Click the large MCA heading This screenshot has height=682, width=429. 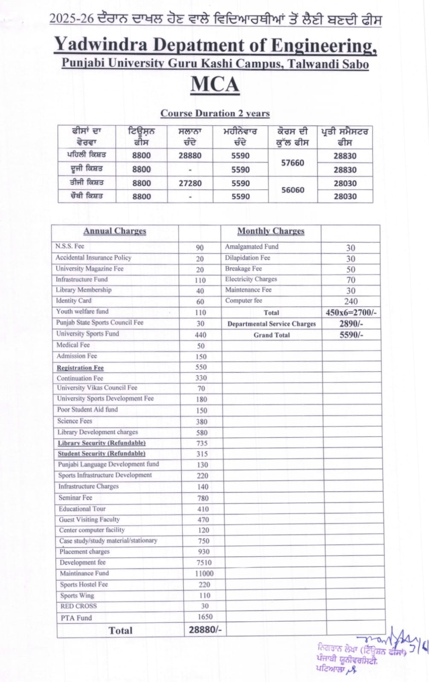click(x=214, y=84)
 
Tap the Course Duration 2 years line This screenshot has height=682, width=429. click(x=215, y=113)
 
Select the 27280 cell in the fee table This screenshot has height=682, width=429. click(x=190, y=183)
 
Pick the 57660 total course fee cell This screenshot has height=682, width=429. click(x=293, y=162)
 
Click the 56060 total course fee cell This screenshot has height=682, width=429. click(x=293, y=190)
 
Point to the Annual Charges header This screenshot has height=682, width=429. click(x=115, y=231)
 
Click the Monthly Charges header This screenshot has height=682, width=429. click(x=271, y=231)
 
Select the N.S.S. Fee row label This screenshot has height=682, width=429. click(x=70, y=246)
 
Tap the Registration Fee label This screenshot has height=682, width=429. click(x=80, y=367)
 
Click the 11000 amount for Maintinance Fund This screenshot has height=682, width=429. click(x=204, y=574)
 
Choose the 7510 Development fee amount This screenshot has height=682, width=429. click(x=204, y=563)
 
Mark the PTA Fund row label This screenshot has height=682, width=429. click(x=76, y=618)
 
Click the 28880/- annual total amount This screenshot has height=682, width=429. click(x=205, y=630)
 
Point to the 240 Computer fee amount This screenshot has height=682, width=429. click(x=351, y=301)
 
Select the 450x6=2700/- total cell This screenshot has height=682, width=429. click(x=351, y=312)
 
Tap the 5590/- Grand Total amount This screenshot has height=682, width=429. click(x=351, y=335)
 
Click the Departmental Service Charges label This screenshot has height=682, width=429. click(x=272, y=324)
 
